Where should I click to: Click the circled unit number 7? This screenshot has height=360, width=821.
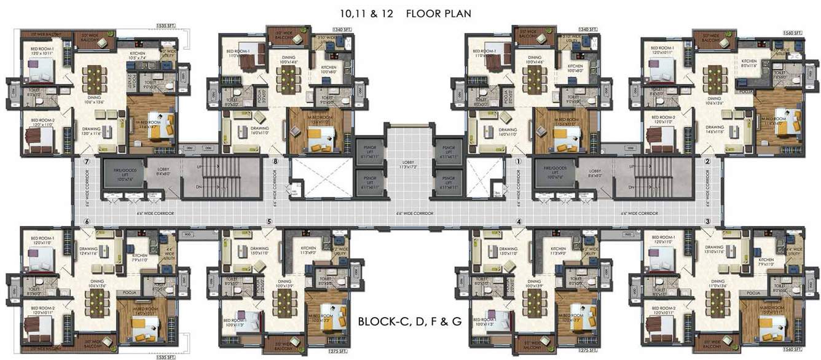click(x=87, y=162)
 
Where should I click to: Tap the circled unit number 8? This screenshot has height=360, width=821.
click(x=276, y=162)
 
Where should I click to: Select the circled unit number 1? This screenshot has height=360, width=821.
click(x=518, y=162)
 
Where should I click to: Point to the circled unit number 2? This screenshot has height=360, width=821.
click(x=707, y=162)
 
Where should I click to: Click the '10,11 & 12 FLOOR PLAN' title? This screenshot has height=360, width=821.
click(x=406, y=13)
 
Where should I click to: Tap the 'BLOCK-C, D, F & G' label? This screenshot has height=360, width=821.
click(x=409, y=321)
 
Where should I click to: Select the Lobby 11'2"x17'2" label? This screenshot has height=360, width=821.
click(x=408, y=165)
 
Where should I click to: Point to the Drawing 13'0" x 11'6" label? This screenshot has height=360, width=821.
click(x=91, y=131)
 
